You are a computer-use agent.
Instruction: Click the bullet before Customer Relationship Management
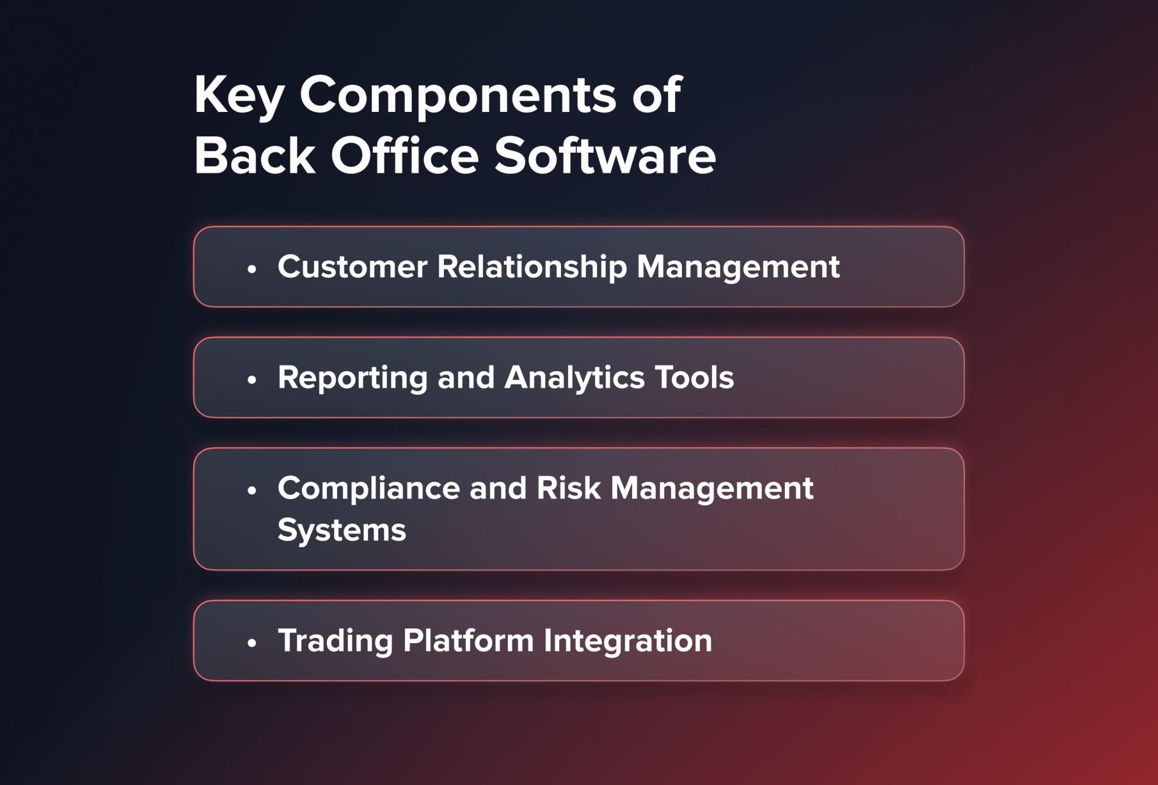tap(252, 269)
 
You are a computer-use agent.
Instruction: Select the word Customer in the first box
tap(352, 266)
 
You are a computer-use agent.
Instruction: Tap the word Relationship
tap(532, 266)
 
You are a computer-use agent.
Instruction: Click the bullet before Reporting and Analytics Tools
tap(252, 379)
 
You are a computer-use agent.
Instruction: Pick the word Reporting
tap(352, 378)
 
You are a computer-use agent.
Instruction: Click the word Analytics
tap(574, 378)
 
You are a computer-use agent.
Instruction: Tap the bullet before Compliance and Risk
tap(252, 490)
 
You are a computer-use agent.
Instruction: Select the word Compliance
tap(369, 488)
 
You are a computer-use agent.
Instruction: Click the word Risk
tap(568, 488)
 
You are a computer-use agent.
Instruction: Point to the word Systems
tap(342, 530)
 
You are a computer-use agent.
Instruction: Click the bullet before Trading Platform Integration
tap(252, 642)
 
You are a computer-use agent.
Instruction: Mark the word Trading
tap(335, 641)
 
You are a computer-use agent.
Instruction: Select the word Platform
tap(468, 640)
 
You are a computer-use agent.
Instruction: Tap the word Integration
tap(628, 641)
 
